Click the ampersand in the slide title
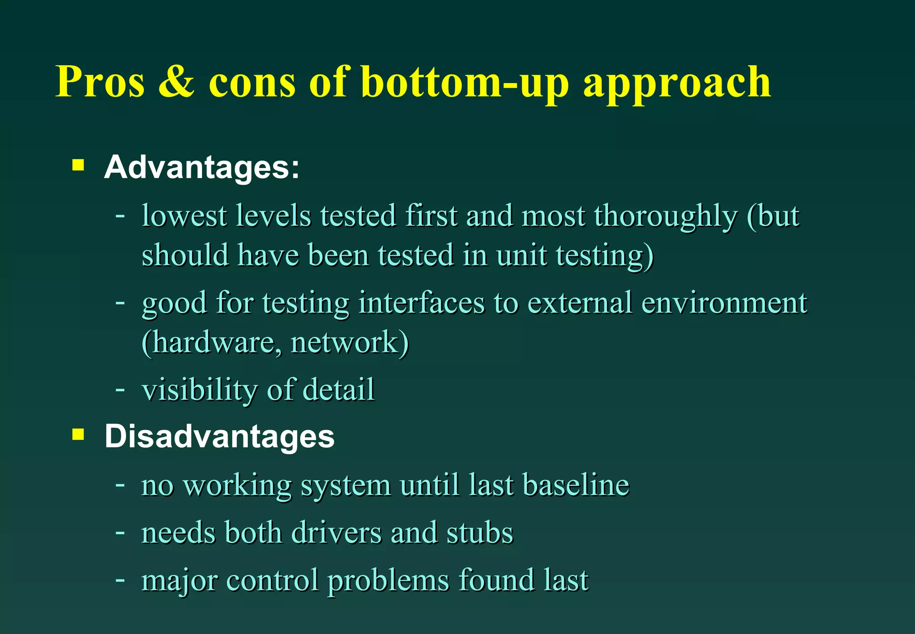click(x=176, y=81)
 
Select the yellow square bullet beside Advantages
click(x=78, y=165)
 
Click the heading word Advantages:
click(x=201, y=167)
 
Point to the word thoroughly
click(x=665, y=216)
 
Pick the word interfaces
click(x=421, y=303)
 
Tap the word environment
click(x=724, y=303)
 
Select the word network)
click(x=349, y=343)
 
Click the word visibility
click(x=199, y=390)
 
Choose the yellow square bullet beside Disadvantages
click(x=78, y=434)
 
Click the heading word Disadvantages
click(x=219, y=436)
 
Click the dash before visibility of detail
click(x=120, y=389)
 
